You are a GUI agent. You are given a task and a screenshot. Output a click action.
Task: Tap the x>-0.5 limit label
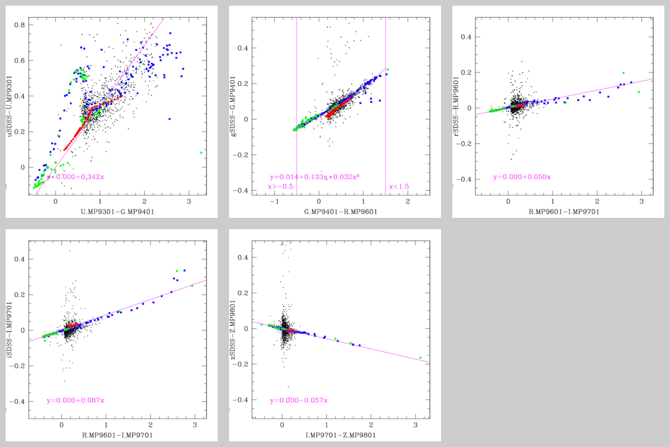[280, 186]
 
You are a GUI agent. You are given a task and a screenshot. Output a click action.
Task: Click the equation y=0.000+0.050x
[522, 177]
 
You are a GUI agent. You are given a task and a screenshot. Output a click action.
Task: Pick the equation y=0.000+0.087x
[75, 401]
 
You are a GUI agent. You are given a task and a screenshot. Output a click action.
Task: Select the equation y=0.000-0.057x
[299, 401]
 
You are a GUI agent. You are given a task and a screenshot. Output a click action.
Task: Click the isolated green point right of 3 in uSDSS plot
[201, 153]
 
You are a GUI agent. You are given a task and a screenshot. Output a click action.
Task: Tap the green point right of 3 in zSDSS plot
[421, 358]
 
